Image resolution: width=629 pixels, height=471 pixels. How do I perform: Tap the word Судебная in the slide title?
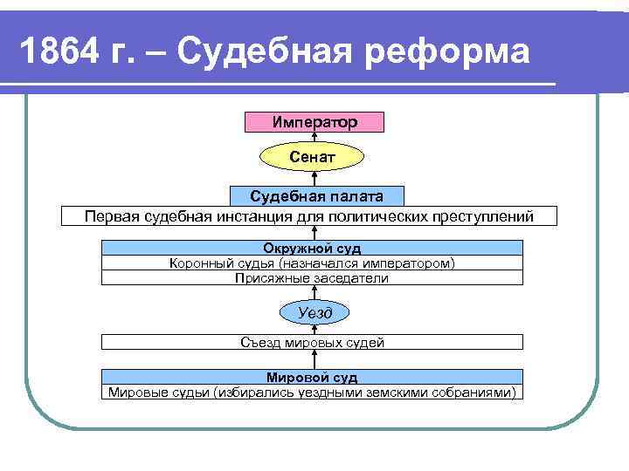coord(275,52)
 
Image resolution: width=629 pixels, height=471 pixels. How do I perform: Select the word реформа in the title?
coord(456,52)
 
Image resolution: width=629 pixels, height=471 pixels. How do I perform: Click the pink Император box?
coord(314,122)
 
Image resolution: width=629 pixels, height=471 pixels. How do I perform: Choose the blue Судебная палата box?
coord(313,196)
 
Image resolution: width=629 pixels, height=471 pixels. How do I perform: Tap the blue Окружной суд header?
coord(312,249)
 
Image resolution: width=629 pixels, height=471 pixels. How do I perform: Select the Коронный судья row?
coord(312,263)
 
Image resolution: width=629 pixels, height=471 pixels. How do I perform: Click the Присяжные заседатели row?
coord(312,278)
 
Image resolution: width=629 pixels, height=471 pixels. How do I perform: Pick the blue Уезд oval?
coord(312,312)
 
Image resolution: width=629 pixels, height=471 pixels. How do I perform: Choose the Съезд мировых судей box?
coord(312,342)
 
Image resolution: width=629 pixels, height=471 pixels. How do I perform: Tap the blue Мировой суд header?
coord(312,378)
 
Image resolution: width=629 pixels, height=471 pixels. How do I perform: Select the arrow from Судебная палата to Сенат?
coord(314,179)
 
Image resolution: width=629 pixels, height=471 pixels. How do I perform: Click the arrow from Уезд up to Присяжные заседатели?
coord(313,292)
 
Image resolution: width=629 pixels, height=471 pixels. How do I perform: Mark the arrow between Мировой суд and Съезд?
coord(313,359)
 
